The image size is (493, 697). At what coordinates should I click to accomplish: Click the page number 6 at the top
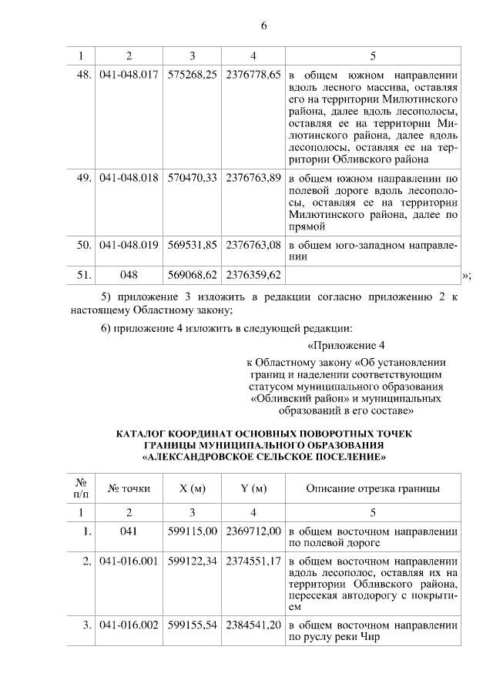click(x=263, y=25)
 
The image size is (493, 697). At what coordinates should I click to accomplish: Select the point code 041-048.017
click(x=129, y=77)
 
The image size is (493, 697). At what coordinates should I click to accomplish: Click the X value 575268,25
click(x=192, y=77)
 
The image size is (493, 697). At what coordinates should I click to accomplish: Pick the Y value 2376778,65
click(x=253, y=77)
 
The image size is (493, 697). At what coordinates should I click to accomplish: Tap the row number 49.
click(x=85, y=178)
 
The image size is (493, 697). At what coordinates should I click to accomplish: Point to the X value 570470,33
click(x=192, y=178)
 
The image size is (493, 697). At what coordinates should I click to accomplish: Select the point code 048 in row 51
click(x=129, y=274)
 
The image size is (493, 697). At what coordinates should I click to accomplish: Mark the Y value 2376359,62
click(x=253, y=274)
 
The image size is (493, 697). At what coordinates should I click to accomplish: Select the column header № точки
click(x=129, y=488)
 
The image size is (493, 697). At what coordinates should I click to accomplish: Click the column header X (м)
click(x=192, y=488)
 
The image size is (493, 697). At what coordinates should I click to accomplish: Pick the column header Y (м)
click(x=253, y=488)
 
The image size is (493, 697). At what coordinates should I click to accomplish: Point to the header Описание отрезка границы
click(x=373, y=488)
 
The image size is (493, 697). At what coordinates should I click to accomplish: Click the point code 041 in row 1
click(x=129, y=531)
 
